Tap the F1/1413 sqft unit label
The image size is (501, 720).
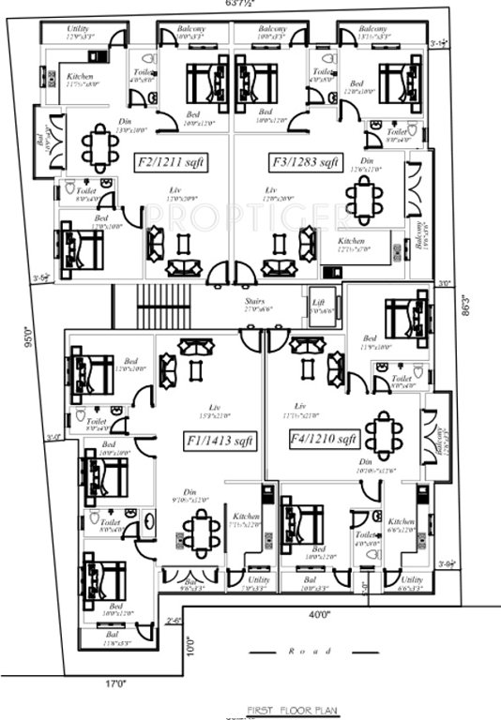point(218,439)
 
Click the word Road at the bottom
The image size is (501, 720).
point(305,650)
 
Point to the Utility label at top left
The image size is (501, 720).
point(79,31)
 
